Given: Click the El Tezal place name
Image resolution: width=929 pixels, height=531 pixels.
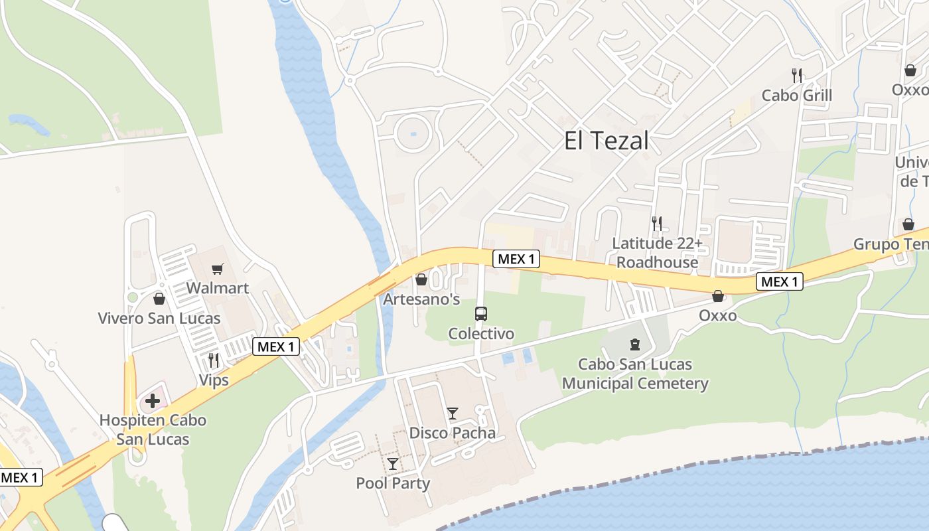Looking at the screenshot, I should click(x=606, y=141).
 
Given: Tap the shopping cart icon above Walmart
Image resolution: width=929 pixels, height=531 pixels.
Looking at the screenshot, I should click(x=217, y=269).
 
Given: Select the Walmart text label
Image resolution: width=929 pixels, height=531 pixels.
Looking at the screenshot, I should click(x=217, y=288).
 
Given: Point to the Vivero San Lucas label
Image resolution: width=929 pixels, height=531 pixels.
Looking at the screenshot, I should click(x=159, y=318).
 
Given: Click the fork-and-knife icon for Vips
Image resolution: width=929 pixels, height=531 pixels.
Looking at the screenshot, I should click(x=214, y=360).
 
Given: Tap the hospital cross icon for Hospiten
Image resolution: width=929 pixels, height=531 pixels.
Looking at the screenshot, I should click(x=153, y=401).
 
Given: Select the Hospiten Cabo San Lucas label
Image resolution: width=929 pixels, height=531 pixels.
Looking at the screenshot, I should click(x=153, y=429).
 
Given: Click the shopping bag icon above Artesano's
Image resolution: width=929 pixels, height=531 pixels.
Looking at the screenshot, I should click(x=421, y=280).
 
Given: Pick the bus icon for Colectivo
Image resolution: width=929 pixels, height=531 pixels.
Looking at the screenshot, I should click(x=481, y=314).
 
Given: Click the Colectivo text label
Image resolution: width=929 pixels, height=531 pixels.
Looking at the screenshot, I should click(x=481, y=333).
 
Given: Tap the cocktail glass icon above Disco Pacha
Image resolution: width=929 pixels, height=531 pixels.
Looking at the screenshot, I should click(x=453, y=414).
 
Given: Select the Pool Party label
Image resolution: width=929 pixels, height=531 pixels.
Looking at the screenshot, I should click(x=393, y=483).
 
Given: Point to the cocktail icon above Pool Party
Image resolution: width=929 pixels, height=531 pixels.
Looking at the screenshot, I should click(x=393, y=463).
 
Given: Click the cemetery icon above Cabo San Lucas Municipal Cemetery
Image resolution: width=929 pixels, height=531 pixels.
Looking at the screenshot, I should click(x=635, y=344).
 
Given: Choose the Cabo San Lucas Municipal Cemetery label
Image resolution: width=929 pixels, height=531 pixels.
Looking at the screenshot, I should click(x=635, y=374).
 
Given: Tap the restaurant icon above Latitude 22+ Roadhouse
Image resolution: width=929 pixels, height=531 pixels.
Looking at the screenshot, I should click(x=657, y=224).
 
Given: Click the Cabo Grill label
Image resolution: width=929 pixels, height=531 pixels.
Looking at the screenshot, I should click(x=796, y=95).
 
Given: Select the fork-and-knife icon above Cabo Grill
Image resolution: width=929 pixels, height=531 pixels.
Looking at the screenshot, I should click(x=797, y=76).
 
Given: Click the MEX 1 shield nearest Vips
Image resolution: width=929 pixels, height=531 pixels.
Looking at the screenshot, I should click(x=276, y=346).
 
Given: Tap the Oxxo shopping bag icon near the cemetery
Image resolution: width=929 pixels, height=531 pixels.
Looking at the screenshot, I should click(x=718, y=296).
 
